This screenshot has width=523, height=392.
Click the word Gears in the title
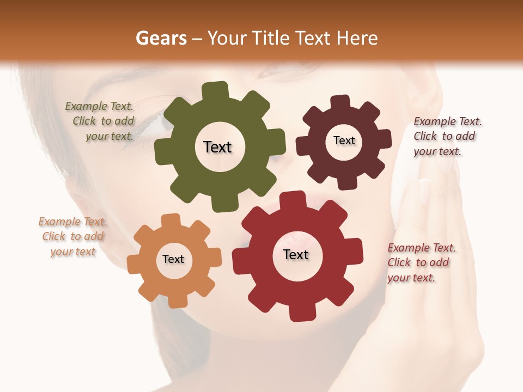pos(160,38)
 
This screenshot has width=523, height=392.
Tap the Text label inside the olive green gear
pos(217,147)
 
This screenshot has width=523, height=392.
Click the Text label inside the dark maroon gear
pos(344,140)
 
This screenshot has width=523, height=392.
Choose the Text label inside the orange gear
pos(173,259)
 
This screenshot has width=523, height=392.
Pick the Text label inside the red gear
pos(296,254)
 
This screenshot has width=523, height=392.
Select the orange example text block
pos(72,237)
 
